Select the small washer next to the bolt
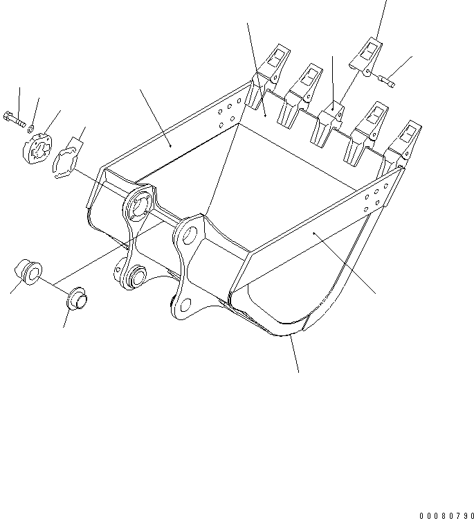31,128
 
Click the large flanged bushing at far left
30,271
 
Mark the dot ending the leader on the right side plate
315,234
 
